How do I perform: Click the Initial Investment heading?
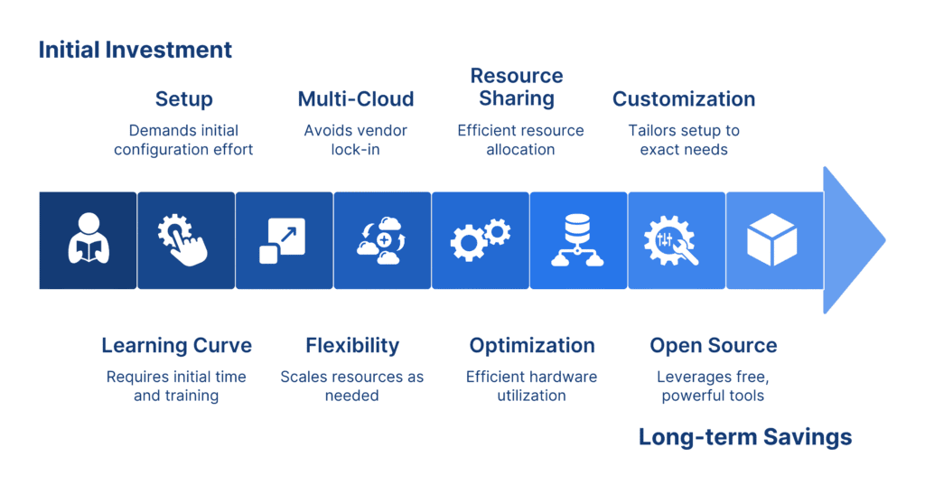pyautogui.click(x=135, y=50)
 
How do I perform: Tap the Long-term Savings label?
pyautogui.click(x=745, y=436)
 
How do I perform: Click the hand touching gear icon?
pyautogui.click(x=182, y=239)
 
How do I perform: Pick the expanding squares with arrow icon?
pyautogui.click(x=283, y=241)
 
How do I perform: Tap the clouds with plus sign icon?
pyautogui.click(x=382, y=240)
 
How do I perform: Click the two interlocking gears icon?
pyautogui.click(x=481, y=239)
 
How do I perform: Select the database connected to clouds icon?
pyautogui.click(x=577, y=240)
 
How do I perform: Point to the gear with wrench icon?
pyautogui.click(x=671, y=240)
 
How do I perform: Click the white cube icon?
pyautogui.click(x=772, y=239)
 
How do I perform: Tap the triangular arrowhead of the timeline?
pyautogui.click(x=854, y=240)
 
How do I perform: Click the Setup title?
pyautogui.click(x=184, y=99)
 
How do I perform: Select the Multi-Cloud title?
pyautogui.click(x=356, y=98)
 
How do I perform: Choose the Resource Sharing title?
pyautogui.click(x=517, y=87)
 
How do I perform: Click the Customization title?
pyautogui.click(x=684, y=98)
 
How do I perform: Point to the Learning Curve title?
pyautogui.click(x=176, y=345)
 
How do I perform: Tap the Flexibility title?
pyautogui.click(x=352, y=345)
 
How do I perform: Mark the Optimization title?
pyautogui.click(x=532, y=345)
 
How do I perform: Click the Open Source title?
pyautogui.click(x=714, y=345)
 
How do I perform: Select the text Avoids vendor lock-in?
pyautogui.click(x=356, y=140)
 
